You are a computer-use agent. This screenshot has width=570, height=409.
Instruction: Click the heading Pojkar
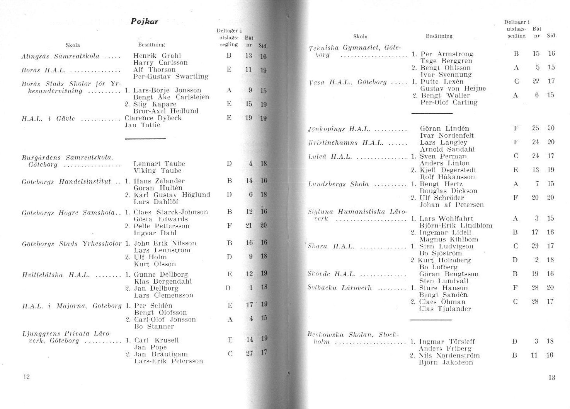(145, 22)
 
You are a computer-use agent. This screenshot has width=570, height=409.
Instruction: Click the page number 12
(26, 377)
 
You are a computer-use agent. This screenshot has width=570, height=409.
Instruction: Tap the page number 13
(551, 377)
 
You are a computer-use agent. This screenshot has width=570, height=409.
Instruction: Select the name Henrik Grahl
(157, 56)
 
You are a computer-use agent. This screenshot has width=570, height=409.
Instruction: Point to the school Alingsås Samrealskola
(60, 56)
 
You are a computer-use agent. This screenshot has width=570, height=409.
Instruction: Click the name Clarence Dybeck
(153, 118)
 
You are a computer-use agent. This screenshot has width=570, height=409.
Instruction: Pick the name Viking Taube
(157, 171)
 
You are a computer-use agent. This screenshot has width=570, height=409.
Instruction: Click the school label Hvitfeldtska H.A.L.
(56, 275)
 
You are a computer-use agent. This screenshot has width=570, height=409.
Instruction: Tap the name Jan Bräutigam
(161, 354)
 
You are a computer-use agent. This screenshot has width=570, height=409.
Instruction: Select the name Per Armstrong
(446, 54)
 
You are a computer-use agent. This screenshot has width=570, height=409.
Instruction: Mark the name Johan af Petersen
(451, 205)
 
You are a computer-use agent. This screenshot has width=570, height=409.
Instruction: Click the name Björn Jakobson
(441, 363)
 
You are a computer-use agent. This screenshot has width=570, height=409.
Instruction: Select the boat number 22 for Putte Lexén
(536, 81)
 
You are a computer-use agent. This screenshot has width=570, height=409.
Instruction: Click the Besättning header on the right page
(439, 36)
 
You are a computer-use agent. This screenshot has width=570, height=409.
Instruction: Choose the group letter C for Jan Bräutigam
(230, 354)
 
